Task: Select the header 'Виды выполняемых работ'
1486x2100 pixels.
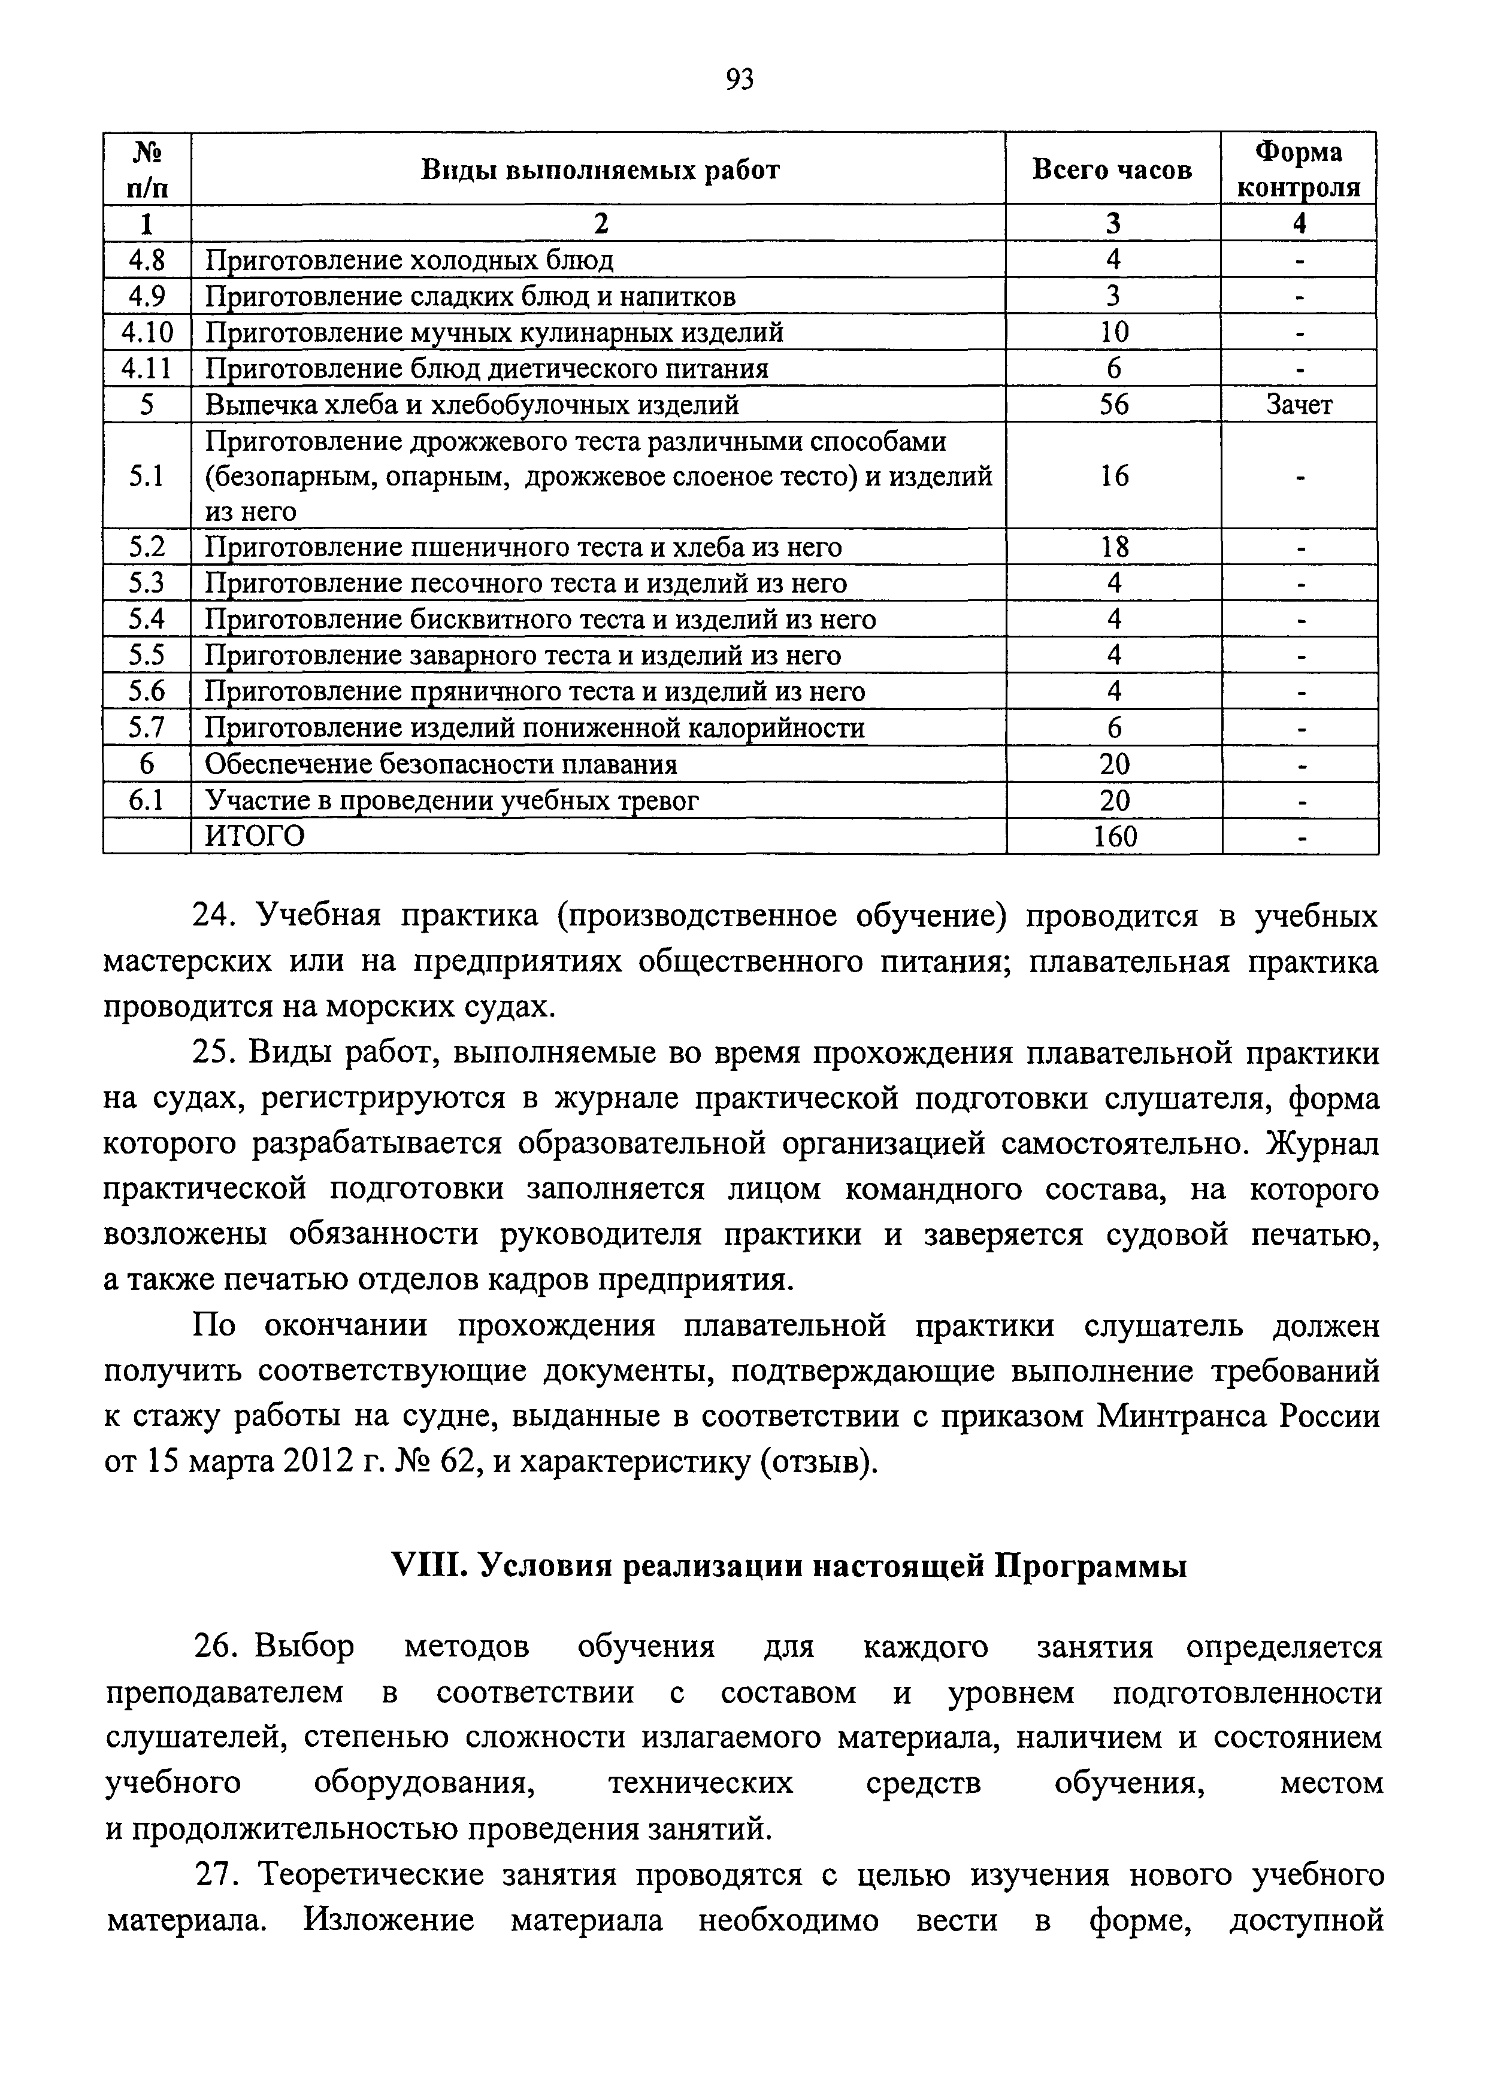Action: coord(600,170)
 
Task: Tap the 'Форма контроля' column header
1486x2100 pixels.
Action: coord(1299,169)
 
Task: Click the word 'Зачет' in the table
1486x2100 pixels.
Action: coord(1299,404)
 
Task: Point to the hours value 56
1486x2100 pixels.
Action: coord(1113,404)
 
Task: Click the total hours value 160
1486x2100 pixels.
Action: coord(1115,836)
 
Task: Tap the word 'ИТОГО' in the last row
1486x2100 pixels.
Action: coord(255,836)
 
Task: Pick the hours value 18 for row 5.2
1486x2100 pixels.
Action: coord(1113,547)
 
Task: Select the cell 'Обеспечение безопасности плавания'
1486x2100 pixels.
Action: coord(440,764)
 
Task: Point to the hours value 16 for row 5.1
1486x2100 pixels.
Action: coord(1113,475)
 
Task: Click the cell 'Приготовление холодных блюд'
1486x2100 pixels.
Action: coord(409,260)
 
